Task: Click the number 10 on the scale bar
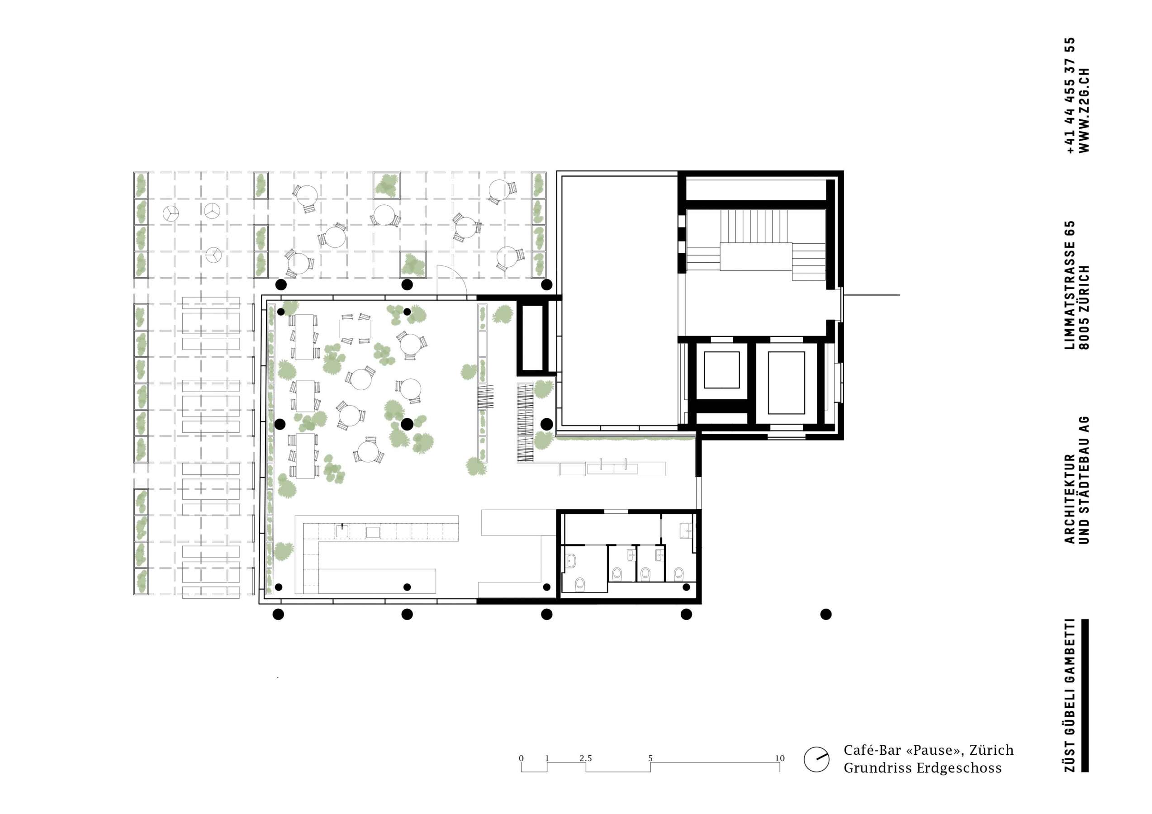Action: pos(779,758)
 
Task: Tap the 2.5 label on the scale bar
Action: pos(586,758)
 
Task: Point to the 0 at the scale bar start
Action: pos(521,758)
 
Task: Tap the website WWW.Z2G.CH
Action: pos(1084,110)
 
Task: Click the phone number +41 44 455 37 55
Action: pos(1069,95)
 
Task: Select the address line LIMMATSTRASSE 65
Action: pos(1069,285)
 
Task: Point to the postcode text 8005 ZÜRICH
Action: pos(1084,307)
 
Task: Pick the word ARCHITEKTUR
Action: pos(1069,499)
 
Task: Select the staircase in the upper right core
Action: pos(756,245)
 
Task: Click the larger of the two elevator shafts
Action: pos(786,383)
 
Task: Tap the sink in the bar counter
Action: pos(342,530)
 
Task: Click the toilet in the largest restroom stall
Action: pos(580,584)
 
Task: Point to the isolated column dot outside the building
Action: pos(826,615)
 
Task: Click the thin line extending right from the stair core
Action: pos(871,295)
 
